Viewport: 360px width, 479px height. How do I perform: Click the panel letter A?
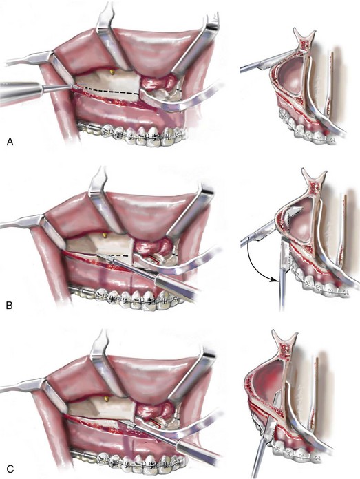point(10,142)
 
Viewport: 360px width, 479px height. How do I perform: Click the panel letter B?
point(10,305)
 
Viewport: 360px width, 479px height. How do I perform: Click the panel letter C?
point(10,469)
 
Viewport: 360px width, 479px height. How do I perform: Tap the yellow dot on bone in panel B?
point(105,235)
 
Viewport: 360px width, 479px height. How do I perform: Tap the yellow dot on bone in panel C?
point(106,398)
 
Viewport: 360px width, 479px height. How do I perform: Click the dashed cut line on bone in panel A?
point(111,90)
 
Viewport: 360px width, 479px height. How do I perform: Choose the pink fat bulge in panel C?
point(153,410)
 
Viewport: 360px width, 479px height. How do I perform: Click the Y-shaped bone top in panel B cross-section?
point(313,180)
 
